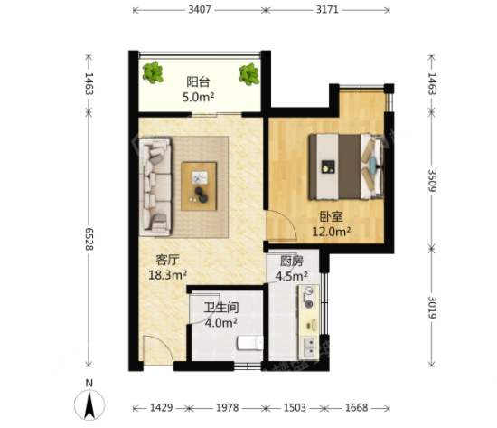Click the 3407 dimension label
coord(200,10)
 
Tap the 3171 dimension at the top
coord(327,10)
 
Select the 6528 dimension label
coord(89,239)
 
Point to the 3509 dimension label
coord(432,180)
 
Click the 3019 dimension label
coord(432,307)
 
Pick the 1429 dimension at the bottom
coord(162,407)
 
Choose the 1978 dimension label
coord(227,407)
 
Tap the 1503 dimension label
coord(295,407)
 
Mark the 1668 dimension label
coord(357,407)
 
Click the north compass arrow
coord(89,404)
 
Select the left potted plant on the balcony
coord(153,72)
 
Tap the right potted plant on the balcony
coord(248,74)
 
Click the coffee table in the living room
coord(199,186)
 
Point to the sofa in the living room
coord(155,187)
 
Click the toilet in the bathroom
coord(250,343)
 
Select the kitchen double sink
coord(309,347)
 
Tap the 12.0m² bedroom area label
coord(332,232)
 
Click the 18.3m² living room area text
coord(168,275)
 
